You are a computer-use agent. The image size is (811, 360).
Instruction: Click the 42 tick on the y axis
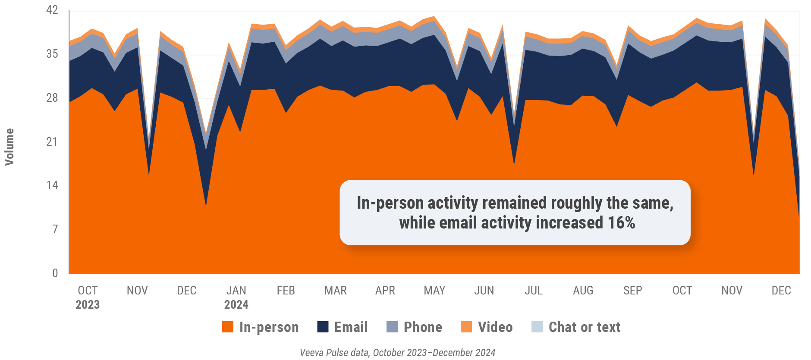(52, 10)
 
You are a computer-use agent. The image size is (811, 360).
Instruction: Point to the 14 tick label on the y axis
(52, 185)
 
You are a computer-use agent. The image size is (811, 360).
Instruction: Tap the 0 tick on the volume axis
(55, 273)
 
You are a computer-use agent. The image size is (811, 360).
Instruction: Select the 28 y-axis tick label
(52, 98)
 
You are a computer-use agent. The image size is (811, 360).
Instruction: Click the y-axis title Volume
(9, 147)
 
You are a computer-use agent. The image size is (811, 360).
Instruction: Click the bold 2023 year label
(88, 305)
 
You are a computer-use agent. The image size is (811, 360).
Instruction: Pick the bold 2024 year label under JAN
(236, 305)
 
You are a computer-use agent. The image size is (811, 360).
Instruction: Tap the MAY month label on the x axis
(434, 291)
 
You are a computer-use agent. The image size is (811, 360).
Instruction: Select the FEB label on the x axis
(286, 291)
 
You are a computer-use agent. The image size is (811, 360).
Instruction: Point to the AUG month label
(583, 291)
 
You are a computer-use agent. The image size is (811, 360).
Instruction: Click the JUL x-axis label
(534, 291)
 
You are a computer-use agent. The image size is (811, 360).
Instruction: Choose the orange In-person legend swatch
(228, 327)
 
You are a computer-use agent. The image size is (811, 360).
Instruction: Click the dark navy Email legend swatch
(323, 327)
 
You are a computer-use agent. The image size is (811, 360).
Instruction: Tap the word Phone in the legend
(423, 327)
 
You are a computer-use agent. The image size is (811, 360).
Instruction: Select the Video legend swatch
(466, 327)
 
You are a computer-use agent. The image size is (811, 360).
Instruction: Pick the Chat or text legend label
(585, 327)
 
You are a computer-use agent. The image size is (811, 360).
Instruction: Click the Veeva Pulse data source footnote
(397, 353)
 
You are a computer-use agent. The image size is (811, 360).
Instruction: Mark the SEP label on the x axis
(633, 291)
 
